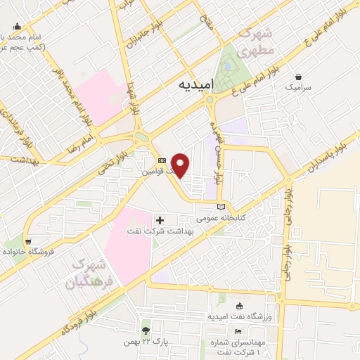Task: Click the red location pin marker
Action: (181, 165)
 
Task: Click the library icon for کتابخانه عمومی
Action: (222, 207)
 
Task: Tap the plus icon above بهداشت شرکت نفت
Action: (160, 220)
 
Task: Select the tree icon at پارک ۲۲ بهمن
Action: (146, 330)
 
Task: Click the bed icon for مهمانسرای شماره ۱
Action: (238, 332)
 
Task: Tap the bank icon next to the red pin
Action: (162, 161)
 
